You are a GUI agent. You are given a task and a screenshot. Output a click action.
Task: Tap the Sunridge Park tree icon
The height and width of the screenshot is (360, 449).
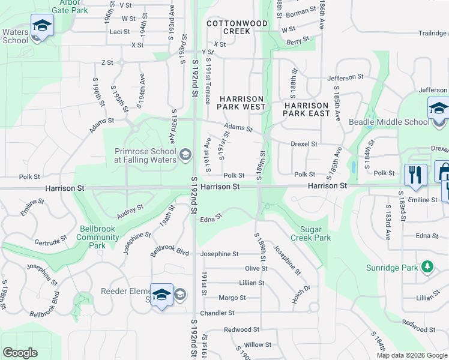point(427,266)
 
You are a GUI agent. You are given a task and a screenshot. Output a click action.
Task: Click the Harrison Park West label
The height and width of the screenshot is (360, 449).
point(241,103)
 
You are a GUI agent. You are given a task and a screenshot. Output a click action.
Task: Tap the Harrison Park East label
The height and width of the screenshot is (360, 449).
point(306,109)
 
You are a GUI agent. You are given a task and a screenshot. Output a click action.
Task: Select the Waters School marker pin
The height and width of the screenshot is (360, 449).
point(42,26)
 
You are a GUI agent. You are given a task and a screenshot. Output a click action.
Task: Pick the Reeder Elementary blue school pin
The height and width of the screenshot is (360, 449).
point(161,295)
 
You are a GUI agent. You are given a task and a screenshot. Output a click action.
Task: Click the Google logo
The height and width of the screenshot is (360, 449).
point(20,352)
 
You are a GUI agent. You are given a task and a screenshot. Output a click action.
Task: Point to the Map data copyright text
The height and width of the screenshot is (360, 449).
point(412,355)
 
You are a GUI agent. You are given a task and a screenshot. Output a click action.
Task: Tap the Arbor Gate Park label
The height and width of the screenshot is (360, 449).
point(70,7)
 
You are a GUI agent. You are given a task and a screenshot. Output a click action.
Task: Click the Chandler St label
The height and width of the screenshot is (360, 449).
point(217,313)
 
